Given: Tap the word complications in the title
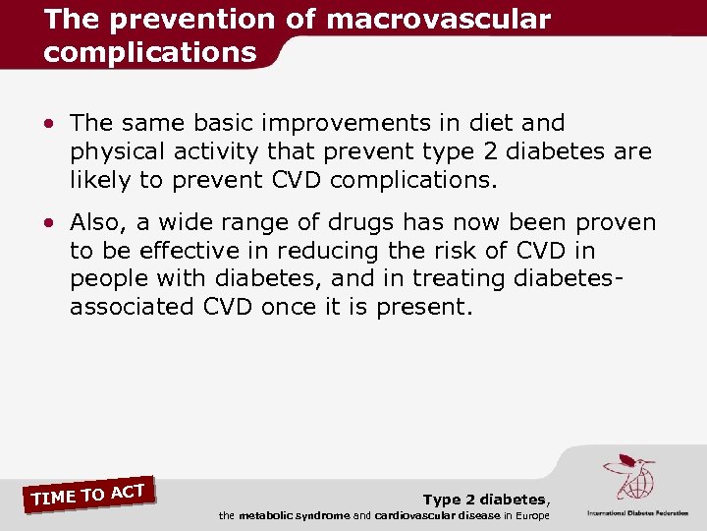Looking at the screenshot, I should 149,52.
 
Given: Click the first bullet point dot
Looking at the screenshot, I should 48,124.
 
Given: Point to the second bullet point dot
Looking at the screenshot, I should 48,224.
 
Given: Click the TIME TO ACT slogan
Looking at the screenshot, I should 88,494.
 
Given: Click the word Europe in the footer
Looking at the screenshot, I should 529,515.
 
